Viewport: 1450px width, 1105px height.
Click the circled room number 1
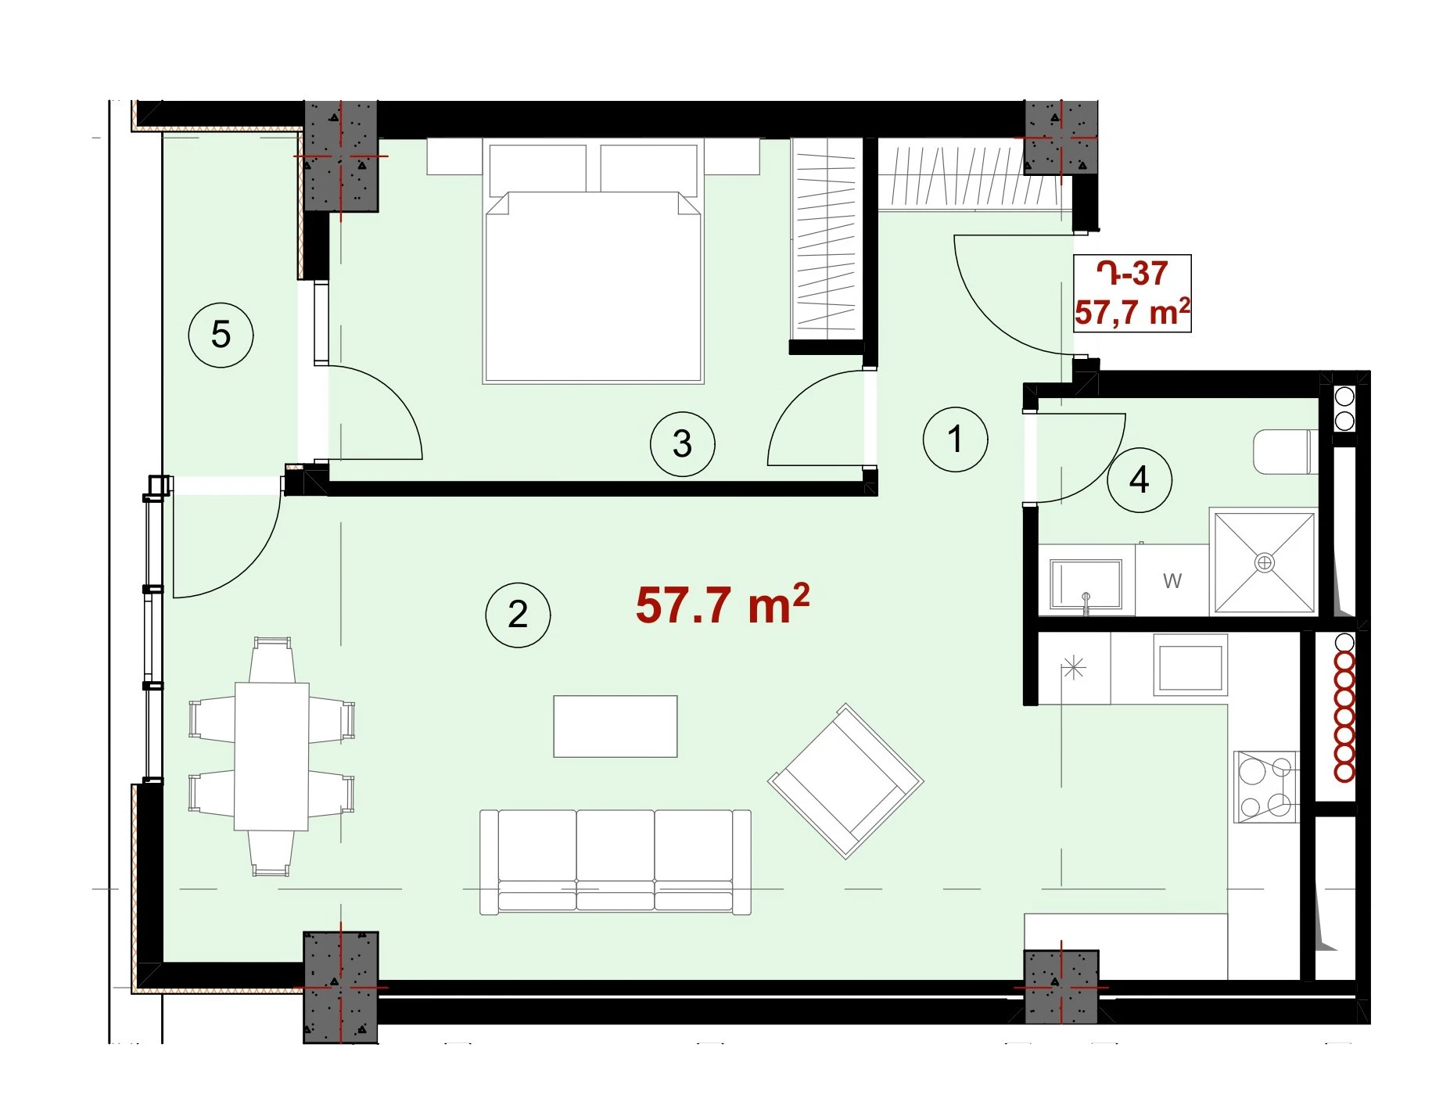click(954, 439)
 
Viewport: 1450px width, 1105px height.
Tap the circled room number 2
click(518, 615)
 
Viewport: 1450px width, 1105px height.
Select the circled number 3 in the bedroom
click(682, 444)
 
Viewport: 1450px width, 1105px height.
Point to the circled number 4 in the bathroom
click(1140, 479)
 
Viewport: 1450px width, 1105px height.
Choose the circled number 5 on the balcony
click(221, 335)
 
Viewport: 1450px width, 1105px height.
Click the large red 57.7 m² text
click(722, 605)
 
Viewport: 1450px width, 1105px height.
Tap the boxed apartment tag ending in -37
click(1132, 293)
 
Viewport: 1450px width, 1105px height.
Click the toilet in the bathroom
click(1285, 451)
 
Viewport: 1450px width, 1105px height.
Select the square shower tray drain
click(1264, 562)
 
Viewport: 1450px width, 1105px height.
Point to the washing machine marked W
click(1172, 580)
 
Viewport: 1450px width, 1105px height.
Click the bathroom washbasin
click(1086, 584)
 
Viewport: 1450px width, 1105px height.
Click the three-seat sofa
click(616, 862)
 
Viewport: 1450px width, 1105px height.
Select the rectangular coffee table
click(616, 727)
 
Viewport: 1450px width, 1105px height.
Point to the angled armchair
click(845, 781)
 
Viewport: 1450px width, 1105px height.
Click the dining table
click(271, 755)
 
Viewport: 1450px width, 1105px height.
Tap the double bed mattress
click(594, 287)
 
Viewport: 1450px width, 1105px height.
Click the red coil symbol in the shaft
click(1344, 716)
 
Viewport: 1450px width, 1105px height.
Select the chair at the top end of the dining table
click(272, 659)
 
